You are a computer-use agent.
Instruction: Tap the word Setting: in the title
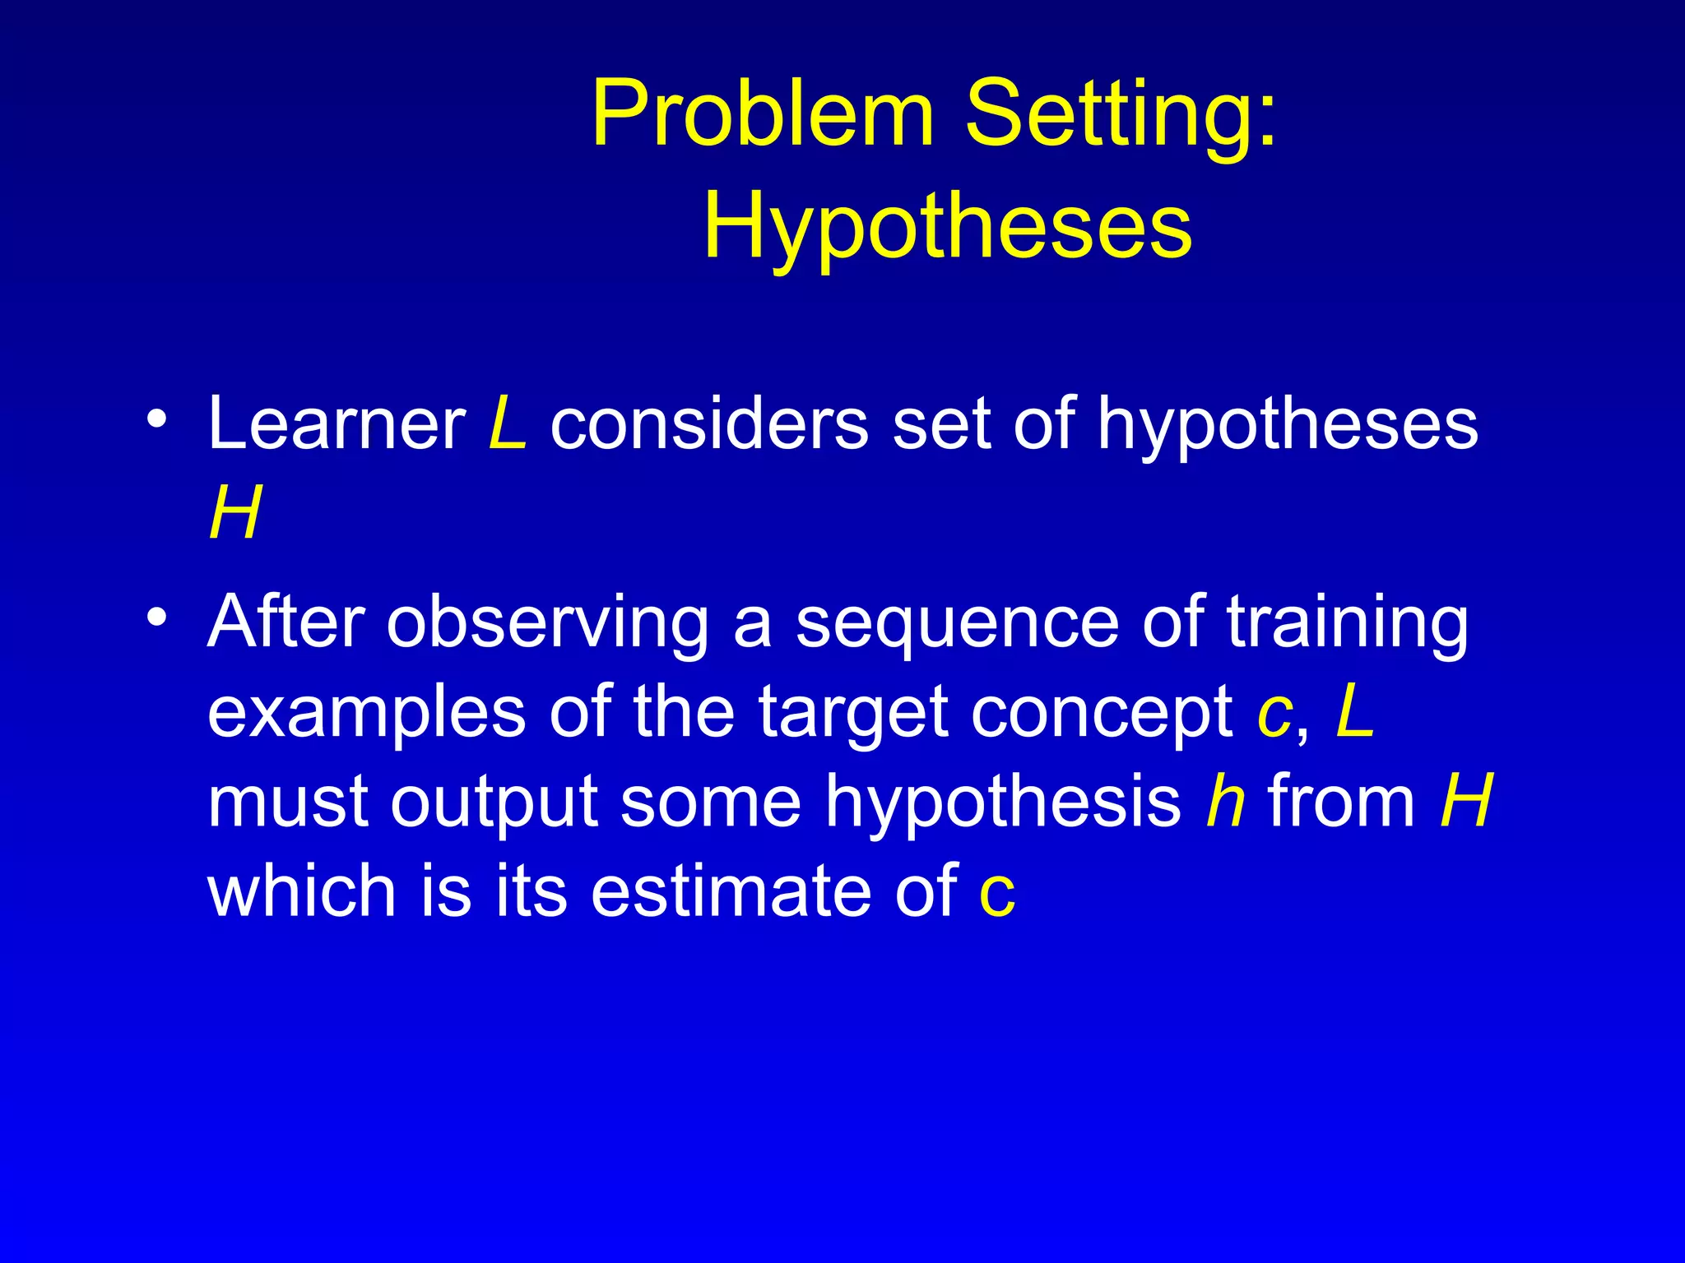point(1121,114)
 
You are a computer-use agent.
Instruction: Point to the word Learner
point(337,424)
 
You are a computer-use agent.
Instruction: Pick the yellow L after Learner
point(507,424)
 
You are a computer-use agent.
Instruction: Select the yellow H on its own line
point(235,513)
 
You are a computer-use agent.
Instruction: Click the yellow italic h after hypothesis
point(1225,801)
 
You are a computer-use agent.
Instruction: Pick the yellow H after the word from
point(1466,801)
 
